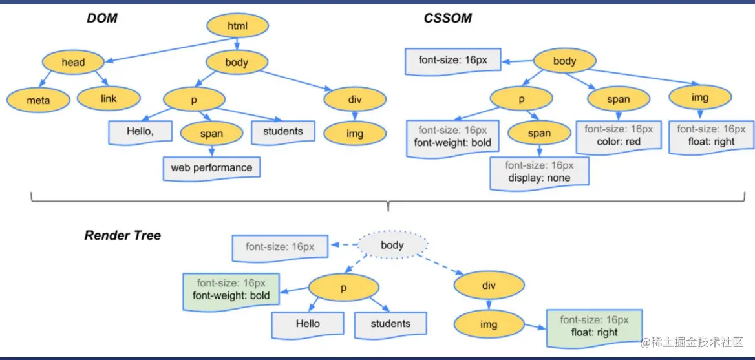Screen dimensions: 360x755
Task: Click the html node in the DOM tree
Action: click(238, 26)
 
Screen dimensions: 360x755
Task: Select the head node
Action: click(73, 63)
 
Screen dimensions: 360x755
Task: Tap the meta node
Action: click(38, 100)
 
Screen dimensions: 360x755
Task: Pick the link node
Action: click(109, 99)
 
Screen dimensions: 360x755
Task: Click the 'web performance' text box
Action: click(211, 168)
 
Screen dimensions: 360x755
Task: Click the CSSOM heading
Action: click(447, 18)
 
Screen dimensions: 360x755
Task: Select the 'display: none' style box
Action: click(539, 172)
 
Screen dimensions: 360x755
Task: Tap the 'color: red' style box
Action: click(619, 136)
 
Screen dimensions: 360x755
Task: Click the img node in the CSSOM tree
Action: click(700, 98)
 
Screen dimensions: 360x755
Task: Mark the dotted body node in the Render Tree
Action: click(392, 245)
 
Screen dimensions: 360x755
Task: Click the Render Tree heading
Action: click(123, 235)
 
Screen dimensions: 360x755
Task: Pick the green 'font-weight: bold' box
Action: click(231, 290)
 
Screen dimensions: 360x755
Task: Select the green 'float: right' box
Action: click(594, 326)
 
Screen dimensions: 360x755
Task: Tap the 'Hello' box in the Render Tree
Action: click(307, 324)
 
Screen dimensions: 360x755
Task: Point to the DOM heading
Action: click(102, 18)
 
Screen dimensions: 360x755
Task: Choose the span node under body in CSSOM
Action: click(619, 99)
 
